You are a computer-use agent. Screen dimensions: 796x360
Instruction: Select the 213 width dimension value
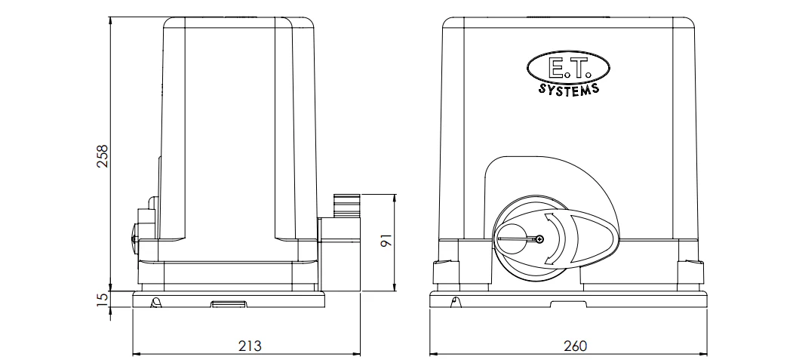[250, 346]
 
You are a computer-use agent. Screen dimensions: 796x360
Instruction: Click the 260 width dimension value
[575, 346]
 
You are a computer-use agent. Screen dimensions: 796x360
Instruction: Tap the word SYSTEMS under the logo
[569, 89]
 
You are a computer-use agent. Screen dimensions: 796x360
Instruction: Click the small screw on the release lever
[539, 238]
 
